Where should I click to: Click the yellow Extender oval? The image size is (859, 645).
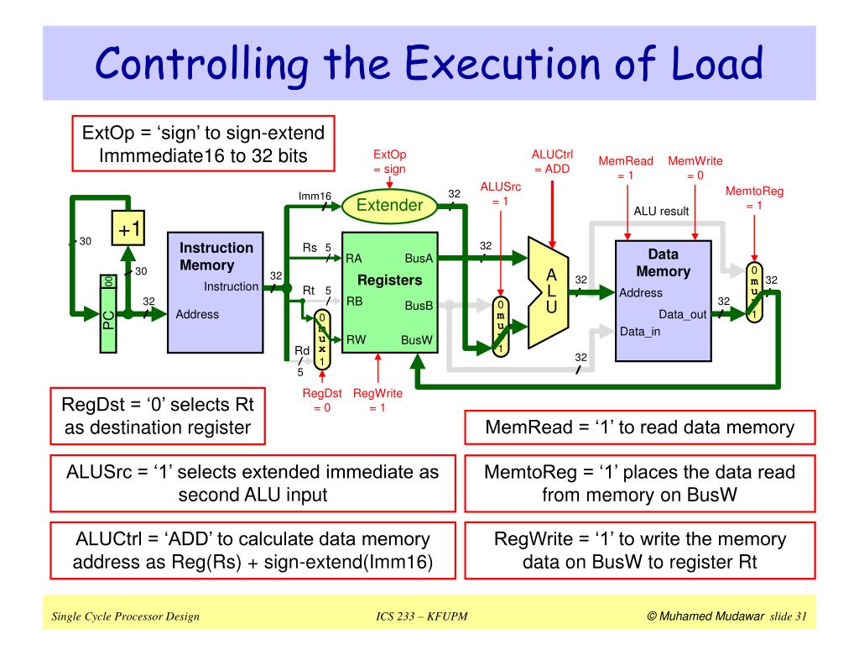(x=389, y=206)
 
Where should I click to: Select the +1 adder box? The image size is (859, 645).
(x=128, y=228)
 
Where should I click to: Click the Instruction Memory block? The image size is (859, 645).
(x=216, y=292)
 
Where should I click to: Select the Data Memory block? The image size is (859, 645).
(x=664, y=301)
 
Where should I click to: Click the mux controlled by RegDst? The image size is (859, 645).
(x=322, y=339)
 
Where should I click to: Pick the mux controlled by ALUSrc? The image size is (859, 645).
(x=500, y=327)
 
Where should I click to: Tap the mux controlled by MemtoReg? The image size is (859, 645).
(x=754, y=292)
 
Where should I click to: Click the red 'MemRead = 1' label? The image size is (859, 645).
(x=626, y=168)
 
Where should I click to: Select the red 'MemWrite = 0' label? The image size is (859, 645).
(x=695, y=168)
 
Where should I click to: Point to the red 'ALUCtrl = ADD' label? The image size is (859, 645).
(x=552, y=161)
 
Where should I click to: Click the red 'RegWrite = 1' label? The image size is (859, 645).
(x=377, y=400)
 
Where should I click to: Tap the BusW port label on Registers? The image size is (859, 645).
(x=416, y=340)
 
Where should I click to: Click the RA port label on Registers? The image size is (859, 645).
(x=353, y=259)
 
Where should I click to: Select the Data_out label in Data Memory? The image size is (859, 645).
(x=683, y=314)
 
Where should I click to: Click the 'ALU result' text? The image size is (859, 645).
(x=661, y=211)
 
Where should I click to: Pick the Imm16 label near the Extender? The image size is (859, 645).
(x=315, y=196)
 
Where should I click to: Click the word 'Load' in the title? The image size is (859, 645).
(x=717, y=63)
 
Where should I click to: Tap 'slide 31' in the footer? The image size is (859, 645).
(x=788, y=616)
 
